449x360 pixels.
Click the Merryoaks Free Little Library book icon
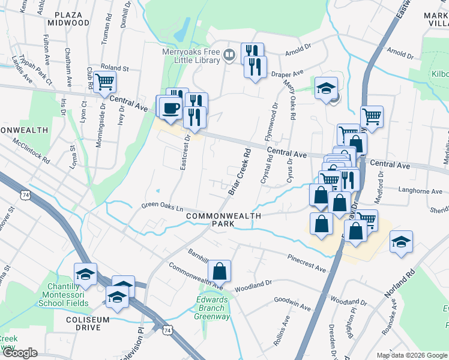pyautogui.click(x=229, y=56)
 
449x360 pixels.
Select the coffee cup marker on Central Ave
pyautogui.click(x=170, y=107)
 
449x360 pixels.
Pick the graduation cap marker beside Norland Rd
pyautogui.click(x=400, y=241)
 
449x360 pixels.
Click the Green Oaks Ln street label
pyautogui.click(x=161, y=207)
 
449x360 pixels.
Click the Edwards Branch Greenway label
pyautogui.click(x=213, y=308)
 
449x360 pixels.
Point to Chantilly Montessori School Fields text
pyautogui.click(x=64, y=295)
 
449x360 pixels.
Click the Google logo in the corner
pyautogui.click(x=19, y=353)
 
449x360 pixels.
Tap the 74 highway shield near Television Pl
pyautogui.click(x=167, y=330)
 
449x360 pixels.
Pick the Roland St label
pyautogui.click(x=115, y=68)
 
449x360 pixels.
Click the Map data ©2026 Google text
pyautogui.click(x=411, y=355)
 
